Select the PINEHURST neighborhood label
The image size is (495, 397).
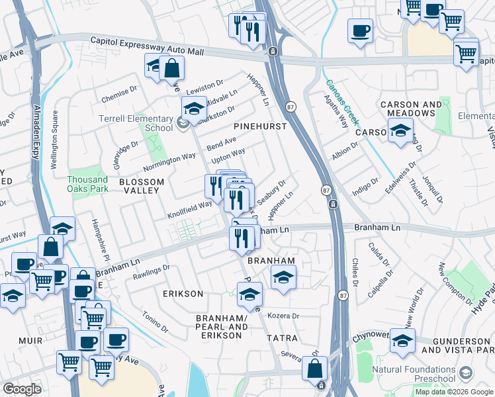260,126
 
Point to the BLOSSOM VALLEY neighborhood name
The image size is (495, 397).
139,185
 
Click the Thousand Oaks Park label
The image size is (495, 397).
87,184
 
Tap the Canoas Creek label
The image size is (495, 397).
342,103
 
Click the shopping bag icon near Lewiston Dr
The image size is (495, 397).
171,67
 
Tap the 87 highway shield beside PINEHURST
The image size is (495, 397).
290,107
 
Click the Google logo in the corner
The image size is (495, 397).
22,389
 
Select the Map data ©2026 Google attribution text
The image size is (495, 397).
454,392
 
